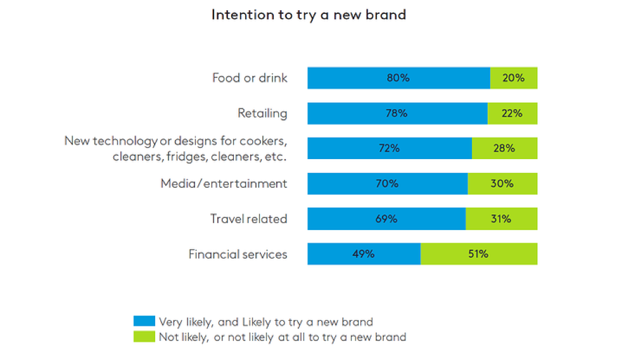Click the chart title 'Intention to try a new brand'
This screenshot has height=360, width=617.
coord(308,15)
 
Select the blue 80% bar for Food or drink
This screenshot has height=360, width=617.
coord(398,78)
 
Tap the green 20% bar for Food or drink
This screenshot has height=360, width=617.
coord(514,78)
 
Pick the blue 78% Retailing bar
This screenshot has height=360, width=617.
coord(397,113)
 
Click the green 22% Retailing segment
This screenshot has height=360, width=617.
coord(512,113)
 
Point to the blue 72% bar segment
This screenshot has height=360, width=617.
coord(390,148)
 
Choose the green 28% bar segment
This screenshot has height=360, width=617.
coord(504,148)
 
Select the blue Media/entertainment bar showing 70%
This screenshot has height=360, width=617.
coord(388,184)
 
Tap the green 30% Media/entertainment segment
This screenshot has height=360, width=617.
coord(502,184)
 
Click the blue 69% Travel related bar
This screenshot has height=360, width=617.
coord(386,219)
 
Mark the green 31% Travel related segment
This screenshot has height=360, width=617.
coord(501,219)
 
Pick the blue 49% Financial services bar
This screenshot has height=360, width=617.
coord(364,254)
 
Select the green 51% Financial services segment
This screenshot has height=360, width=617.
coord(479,254)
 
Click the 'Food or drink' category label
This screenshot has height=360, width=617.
coord(250,78)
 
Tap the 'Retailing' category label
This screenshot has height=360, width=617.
coord(262,113)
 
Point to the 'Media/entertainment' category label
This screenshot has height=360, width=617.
coord(224,184)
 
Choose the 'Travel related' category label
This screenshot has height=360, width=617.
coord(248,219)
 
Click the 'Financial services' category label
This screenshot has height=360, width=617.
coord(238,254)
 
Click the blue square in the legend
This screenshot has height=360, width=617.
coord(144,321)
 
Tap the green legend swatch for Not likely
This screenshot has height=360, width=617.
coord(144,337)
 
